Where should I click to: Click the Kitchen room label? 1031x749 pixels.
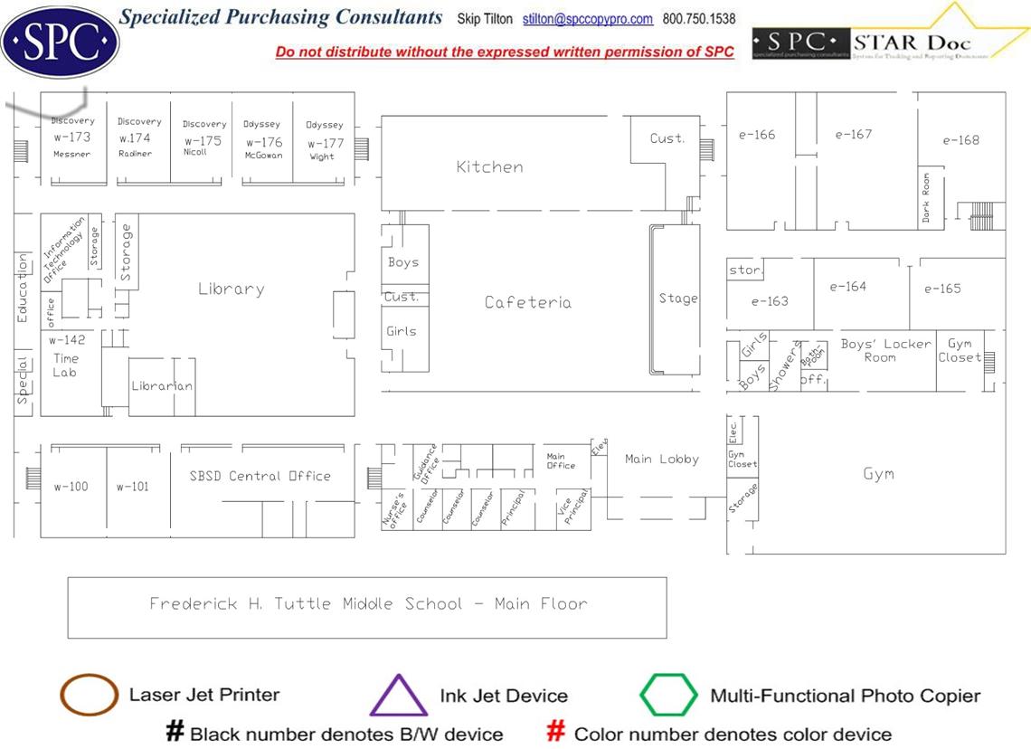(x=489, y=166)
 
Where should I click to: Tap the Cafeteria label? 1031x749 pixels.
(x=527, y=302)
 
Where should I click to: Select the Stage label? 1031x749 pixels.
(x=677, y=299)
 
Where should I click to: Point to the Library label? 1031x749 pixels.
(x=231, y=289)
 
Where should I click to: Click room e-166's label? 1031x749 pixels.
(x=756, y=135)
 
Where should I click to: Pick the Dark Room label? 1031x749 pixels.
(x=926, y=197)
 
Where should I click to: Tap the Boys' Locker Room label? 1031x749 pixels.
(x=880, y=350)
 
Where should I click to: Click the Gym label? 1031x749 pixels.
(x=878, y=473)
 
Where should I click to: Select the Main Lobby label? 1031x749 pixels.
(x=662, y=459)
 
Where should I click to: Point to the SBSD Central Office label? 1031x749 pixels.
(x=260, y=476)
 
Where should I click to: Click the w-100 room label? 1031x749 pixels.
(x=71, y=487)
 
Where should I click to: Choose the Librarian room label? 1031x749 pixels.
(x=162, y=386)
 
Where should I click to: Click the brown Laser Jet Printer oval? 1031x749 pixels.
(x=89, y=695)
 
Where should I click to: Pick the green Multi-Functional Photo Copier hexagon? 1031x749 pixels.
(x=668, y=695)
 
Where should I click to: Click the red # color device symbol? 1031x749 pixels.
(x=557, y=732)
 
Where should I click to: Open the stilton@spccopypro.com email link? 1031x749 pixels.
(x=587, y=19)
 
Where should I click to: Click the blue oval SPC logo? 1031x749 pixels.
(x=60, y=40)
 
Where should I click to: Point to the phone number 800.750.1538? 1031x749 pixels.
(x=699, y=19)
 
